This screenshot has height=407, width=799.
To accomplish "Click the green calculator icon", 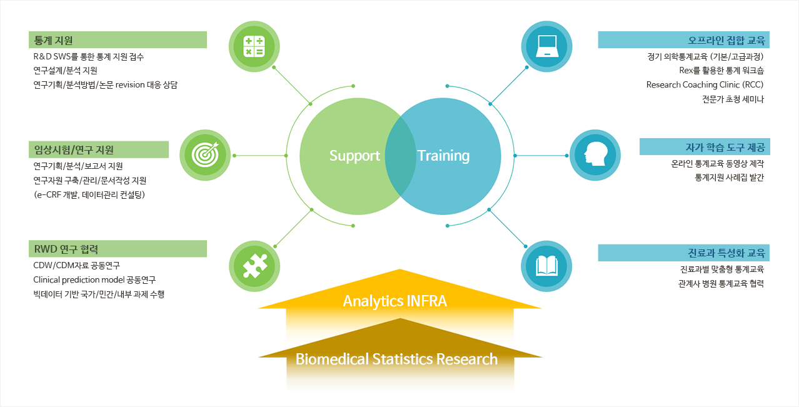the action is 254,46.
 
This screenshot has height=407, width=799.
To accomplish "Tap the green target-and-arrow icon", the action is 205,155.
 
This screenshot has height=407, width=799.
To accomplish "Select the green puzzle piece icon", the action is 254,266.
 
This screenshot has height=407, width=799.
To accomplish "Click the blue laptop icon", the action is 547,46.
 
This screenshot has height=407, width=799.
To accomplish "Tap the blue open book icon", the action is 546,266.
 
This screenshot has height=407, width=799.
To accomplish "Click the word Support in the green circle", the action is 354,156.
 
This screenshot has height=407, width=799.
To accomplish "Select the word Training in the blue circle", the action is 443,156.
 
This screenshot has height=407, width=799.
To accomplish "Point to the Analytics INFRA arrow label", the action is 395,301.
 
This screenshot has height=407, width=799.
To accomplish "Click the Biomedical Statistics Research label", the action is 396,359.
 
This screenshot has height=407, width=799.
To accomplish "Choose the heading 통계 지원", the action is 53,40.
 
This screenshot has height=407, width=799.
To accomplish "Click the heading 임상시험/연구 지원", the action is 74,150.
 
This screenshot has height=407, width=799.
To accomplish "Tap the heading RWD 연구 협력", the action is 66,249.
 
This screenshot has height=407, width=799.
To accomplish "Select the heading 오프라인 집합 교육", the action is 726,40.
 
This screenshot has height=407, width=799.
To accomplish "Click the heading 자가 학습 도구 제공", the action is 725,147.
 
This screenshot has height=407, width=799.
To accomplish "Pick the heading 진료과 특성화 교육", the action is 726,253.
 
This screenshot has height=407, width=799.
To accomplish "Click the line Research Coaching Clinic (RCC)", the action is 705,85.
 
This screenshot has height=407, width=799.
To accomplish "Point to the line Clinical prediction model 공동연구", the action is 94,279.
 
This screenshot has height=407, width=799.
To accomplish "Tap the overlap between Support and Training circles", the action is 400,156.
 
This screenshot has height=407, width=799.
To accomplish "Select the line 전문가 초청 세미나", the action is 733,99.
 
